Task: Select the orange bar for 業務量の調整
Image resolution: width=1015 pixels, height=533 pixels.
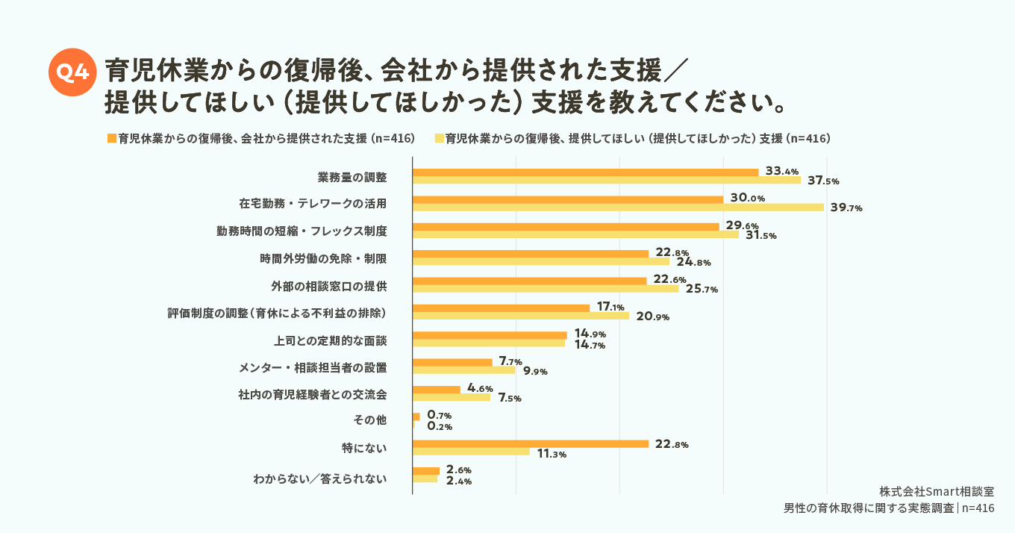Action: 585,172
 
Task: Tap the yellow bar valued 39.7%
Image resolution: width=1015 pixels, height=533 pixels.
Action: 618,208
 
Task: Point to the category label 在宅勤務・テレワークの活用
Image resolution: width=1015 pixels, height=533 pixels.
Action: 313,204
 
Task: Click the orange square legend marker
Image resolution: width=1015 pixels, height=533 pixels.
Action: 112,139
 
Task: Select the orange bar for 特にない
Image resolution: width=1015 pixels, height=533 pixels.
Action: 530,444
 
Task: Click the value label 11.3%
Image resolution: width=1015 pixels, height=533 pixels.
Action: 552,454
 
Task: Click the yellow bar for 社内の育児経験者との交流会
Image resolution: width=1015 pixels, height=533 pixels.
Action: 451,398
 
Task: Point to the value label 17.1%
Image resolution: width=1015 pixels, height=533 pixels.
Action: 610,307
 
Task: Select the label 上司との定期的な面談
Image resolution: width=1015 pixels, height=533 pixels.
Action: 331,340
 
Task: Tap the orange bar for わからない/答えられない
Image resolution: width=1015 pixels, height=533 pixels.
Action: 425,471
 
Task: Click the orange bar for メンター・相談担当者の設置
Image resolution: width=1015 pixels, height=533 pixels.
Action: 452,363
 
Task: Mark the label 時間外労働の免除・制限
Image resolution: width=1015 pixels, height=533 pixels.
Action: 323,258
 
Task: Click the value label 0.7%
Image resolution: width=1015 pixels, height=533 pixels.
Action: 440,416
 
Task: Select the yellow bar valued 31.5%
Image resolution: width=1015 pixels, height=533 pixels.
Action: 575,234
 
